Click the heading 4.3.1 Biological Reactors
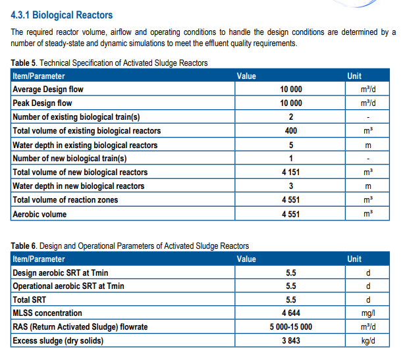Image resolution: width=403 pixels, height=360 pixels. (62, 15)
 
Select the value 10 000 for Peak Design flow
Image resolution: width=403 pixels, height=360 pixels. (291, 103)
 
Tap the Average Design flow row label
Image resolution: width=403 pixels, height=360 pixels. (48, 89)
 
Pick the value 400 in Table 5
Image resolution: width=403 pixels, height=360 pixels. (291, 131)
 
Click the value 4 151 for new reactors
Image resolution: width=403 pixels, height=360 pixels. (291, 172)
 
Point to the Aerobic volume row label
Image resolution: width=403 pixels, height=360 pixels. (40, 214)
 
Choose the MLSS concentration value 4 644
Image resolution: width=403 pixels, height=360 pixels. (291, 313)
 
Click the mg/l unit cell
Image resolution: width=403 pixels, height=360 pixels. (368, 313)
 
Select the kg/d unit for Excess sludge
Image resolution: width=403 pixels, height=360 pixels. (368, 341)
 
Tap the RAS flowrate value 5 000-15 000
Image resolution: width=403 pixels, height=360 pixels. (291, 327)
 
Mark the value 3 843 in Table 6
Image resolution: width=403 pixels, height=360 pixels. (291, 341)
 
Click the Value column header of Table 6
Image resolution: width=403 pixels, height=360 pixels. (246, 259)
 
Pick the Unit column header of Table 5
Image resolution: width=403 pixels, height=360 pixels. (354, 76)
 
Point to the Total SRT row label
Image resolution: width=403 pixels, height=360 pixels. (29, 299)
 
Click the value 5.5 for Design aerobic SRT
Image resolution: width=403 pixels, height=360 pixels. (291, 272)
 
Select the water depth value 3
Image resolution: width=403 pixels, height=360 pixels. (291, 186)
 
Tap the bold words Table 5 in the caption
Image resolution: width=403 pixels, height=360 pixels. (24, 63)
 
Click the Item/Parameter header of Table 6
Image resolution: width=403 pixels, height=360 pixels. (39, 259)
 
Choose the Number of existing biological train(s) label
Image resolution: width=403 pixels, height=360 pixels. (76, 117)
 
